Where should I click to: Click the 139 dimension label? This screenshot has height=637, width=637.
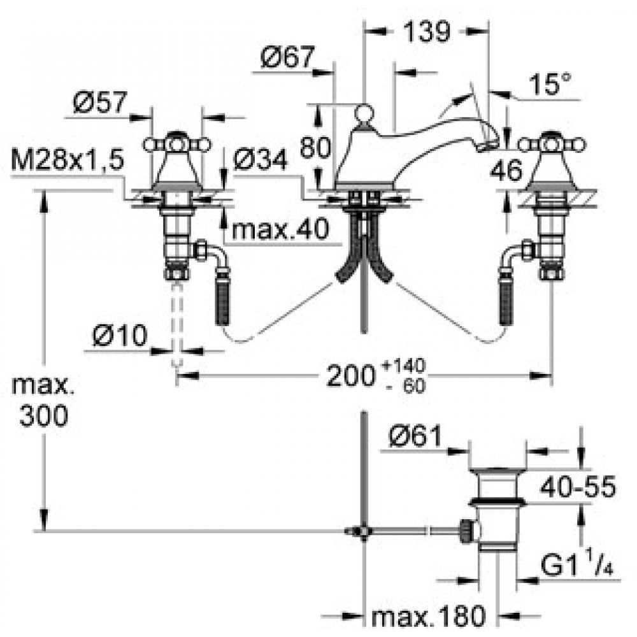(427, 31)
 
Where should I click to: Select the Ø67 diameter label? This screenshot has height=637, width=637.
(288, 57)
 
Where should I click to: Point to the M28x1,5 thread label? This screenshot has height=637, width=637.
(68, 161)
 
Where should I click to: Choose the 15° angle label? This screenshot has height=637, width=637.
(550, 84)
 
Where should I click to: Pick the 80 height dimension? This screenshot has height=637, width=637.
(315, 147)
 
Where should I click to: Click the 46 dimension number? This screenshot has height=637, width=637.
(506, 170)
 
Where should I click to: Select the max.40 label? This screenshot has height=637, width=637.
(280, 229)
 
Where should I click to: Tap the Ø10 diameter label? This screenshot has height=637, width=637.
(120, 336)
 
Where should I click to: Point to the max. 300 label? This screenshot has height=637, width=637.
(43, 401)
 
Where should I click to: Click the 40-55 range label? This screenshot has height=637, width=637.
(578, 486)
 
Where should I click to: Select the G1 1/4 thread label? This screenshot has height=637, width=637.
(576, 564)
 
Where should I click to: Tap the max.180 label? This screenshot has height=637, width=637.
(429, 617)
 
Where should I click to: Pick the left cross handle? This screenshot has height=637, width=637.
(177, 144)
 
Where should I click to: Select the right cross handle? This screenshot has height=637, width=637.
(551, 144)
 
